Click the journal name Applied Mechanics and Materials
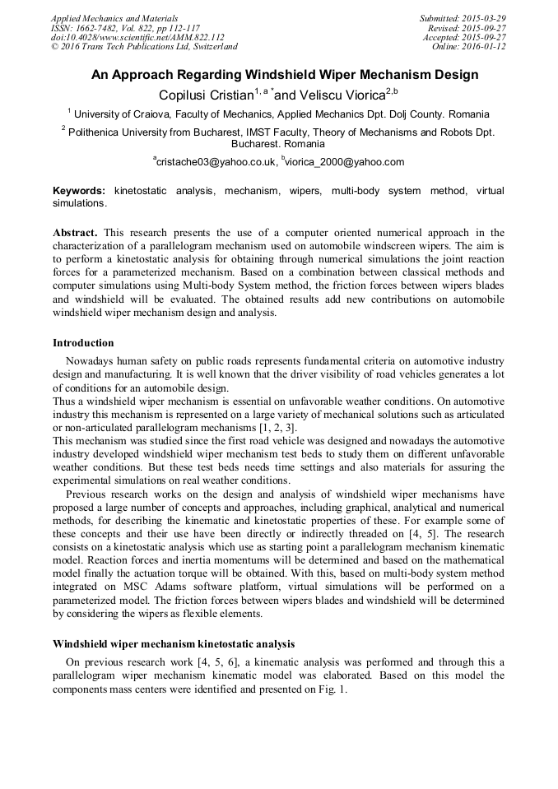pos(114,18)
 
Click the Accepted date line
pos(464,38)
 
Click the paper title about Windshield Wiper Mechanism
pos(284,75)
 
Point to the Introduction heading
pos(83,342)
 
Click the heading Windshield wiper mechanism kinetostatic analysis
pos(174,643)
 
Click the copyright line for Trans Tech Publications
pos(144,47)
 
